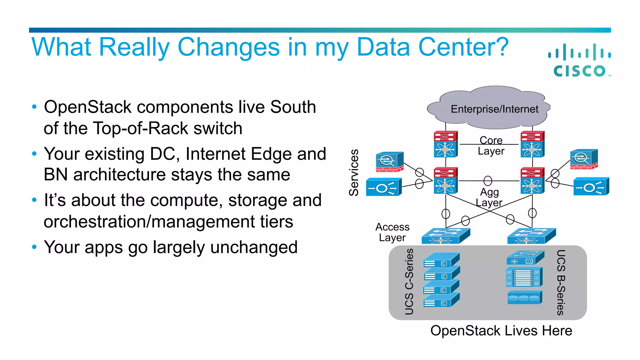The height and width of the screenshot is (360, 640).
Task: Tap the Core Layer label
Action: pos(491,146)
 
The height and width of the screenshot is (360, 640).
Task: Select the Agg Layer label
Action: pos(489,197)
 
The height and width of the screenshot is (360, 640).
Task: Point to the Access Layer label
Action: pos(392,232)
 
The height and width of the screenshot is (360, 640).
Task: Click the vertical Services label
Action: pos(354,172)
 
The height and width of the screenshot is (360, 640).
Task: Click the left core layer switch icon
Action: pos(446,144)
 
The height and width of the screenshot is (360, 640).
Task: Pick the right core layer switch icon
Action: pos(532,144)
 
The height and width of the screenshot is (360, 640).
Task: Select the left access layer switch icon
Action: pos(445,236)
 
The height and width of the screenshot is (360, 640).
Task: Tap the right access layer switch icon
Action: pos(531,236)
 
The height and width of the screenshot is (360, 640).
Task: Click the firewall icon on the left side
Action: pos(389,162)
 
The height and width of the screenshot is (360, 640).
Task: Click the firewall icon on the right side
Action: pos(583,159)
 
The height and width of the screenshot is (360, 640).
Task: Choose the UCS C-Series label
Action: pos(409,281)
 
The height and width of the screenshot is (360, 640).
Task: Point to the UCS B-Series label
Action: pos(561,282)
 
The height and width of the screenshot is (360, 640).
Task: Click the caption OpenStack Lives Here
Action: pos(501,331)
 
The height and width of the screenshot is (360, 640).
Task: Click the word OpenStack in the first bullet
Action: pos(87,107)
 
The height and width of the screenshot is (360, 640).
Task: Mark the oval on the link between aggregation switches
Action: pos(487,181)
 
